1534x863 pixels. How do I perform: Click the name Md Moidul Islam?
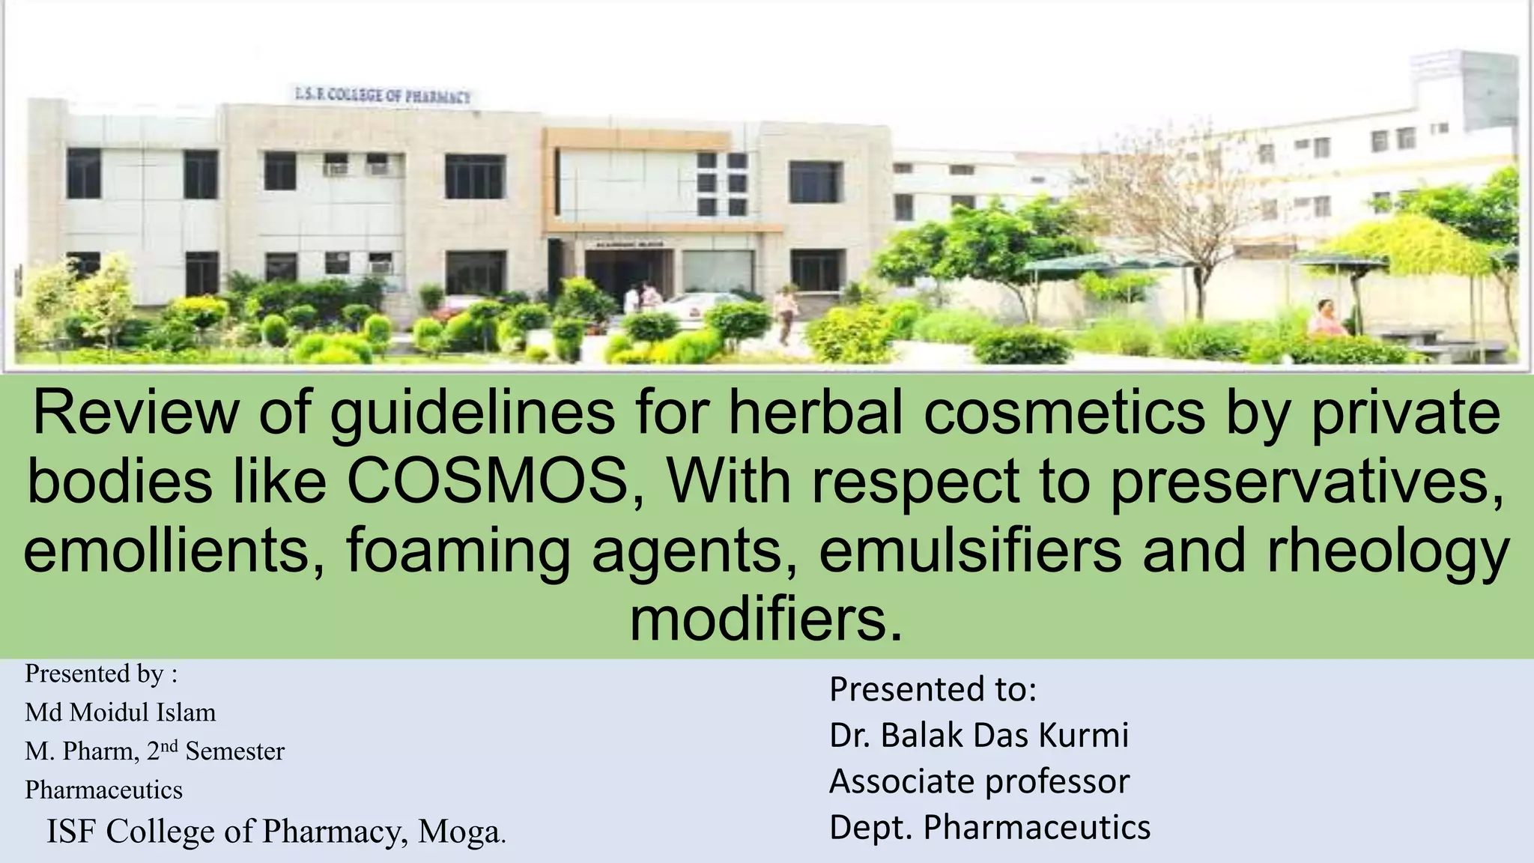[x=120, y=712]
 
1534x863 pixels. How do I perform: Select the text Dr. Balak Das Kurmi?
[x=978, y=735]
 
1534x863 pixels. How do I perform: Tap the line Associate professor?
[x=978, y=781]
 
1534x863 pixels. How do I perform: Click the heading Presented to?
[x=933, y=688]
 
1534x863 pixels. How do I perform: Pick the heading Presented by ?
[x=101, y=673]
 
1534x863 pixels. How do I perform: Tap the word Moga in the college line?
[x=458, y=832]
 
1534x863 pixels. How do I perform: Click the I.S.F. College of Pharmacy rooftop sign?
[x=382, y=95]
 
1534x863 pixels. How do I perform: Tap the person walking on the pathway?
[x=786, y=313]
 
